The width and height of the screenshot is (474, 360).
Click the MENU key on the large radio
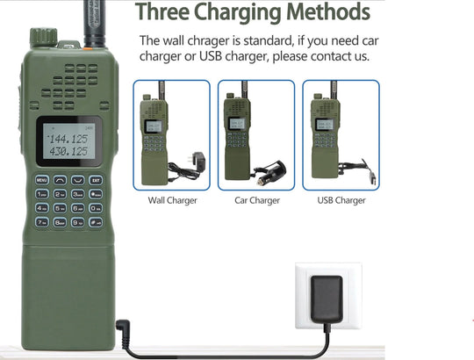(42, 180)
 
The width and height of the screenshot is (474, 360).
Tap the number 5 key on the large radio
(60, 208)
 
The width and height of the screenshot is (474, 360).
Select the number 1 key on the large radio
(42, 194)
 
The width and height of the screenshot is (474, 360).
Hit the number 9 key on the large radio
(78, 222)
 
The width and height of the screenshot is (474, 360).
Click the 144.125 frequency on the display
(68, 139)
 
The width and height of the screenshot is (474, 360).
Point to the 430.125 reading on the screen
(68, 151)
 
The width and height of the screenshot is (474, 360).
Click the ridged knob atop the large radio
(44, 37)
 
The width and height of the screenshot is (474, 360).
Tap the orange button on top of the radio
(88, 48)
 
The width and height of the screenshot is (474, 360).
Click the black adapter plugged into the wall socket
(327, 299)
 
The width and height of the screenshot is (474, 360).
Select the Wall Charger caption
(172, 200)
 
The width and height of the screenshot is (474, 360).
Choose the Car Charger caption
(257, 200)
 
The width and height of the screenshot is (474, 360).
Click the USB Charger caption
(341, 200)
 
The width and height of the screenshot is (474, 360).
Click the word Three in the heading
(162, 12)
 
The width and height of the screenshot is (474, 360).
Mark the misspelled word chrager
(208, 40)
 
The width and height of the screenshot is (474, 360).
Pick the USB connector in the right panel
(373, 177)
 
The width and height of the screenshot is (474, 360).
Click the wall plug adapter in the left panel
(197, 159)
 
